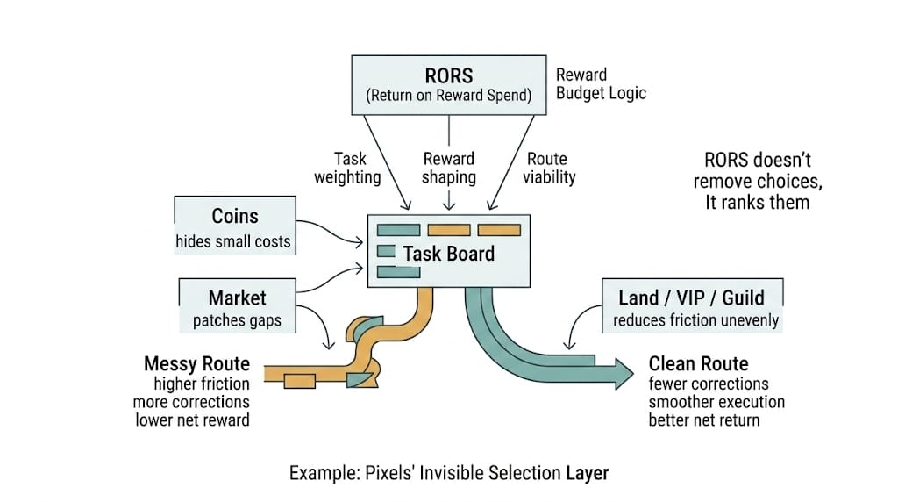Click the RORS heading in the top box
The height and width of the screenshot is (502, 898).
[448, 75]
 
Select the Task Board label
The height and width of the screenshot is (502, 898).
[448, 254]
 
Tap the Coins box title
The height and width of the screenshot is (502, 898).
[234, 217]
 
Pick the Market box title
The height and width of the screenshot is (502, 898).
[237, 298]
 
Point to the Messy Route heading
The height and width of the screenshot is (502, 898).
[197, 363]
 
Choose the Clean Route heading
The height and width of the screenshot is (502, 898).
[698, 363]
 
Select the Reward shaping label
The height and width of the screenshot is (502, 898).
[449, 168]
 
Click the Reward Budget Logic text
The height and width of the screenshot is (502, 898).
[601, 83]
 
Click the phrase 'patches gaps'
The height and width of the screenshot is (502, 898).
[237, 320]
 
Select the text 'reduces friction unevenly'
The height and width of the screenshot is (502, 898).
[695, 319]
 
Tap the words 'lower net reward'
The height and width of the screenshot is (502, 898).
[192, 420]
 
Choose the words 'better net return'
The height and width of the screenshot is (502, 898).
[704, 420]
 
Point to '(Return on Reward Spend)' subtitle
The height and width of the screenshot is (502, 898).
[448, 96]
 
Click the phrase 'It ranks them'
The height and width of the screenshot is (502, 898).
[758, 203]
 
